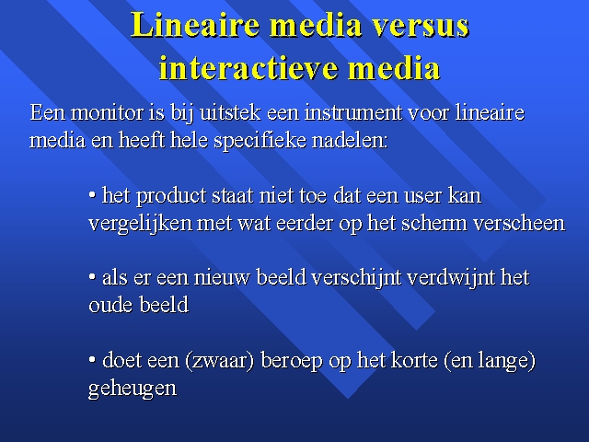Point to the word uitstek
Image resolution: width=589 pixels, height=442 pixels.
(230, 112)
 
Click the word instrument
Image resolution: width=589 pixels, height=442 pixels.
(352, 112)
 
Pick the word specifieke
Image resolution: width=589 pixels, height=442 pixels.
(260, 141)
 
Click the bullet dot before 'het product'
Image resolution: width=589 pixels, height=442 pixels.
(92, 195)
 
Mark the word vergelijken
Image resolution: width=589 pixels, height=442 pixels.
(140, 224)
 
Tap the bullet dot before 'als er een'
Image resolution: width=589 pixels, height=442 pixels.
(92, 277)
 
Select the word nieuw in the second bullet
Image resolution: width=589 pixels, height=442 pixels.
(222, 278)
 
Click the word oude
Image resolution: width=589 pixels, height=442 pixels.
(110, 305)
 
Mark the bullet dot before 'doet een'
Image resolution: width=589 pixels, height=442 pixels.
(92, 359)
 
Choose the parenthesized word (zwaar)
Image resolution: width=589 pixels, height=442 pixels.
(219, 361)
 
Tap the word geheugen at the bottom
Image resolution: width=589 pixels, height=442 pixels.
(133, 389)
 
